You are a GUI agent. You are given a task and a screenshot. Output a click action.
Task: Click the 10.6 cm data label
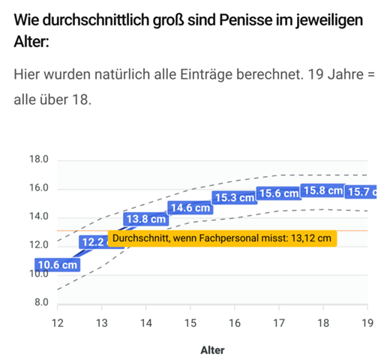(x=57, y=265)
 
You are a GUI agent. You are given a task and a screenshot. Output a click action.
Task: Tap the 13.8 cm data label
(x=145, y=220)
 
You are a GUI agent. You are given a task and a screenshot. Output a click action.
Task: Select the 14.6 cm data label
(x=190, y=208)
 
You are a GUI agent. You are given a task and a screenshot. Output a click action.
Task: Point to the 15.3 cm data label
(x=234, y=197)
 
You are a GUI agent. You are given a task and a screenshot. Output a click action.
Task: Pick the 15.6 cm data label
(x=278, y=193)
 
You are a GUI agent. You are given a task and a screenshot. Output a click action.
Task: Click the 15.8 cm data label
(x=322, y=191)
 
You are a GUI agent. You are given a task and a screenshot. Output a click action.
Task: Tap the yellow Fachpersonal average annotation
(x=221, y=238)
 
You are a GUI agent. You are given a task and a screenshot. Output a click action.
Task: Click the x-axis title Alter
(x=212, y=349)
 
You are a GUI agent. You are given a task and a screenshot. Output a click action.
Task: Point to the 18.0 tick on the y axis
(x=38, y=160)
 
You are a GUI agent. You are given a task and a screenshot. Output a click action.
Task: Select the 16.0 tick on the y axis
(x=38, y=188)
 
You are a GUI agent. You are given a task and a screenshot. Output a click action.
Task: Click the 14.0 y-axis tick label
(x=38, y=217)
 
